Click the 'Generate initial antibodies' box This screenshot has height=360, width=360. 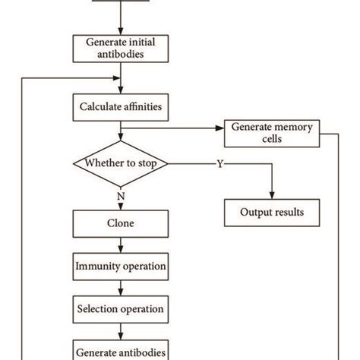coord(120,49)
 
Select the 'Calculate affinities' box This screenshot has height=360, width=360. coord(120,107)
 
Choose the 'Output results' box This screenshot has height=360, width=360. coord(273,212)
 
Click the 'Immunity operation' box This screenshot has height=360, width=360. coord(120,267)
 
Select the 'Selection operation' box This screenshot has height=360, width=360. coord(120,310)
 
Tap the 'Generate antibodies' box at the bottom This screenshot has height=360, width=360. coord(120,352)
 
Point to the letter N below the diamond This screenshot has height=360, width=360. coord(120,196)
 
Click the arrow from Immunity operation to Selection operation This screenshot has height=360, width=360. coord(120,289)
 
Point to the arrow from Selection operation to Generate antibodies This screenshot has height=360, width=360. coord(120,331)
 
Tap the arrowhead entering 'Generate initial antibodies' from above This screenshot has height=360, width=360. coord(120,31)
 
